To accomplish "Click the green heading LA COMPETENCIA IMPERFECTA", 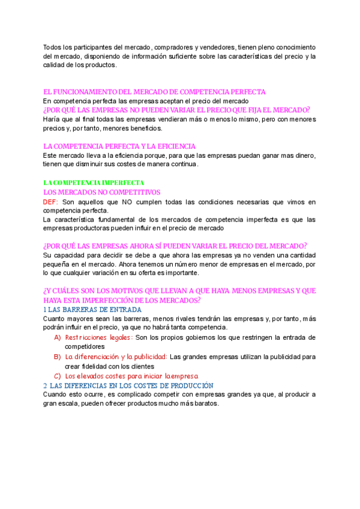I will (94, 182).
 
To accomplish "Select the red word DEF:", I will (51, 202).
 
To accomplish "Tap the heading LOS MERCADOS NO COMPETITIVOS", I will (102, 192).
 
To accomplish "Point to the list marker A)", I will (58, 338).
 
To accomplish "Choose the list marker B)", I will (58, 357).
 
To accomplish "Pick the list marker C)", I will (58, 376).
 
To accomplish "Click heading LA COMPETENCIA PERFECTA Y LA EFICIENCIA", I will (119, 146).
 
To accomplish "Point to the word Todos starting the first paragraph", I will (53, 47).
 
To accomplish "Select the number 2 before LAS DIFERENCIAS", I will (45, 385).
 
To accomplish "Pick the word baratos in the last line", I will (207, 404).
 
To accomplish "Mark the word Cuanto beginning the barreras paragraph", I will (55, 319).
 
